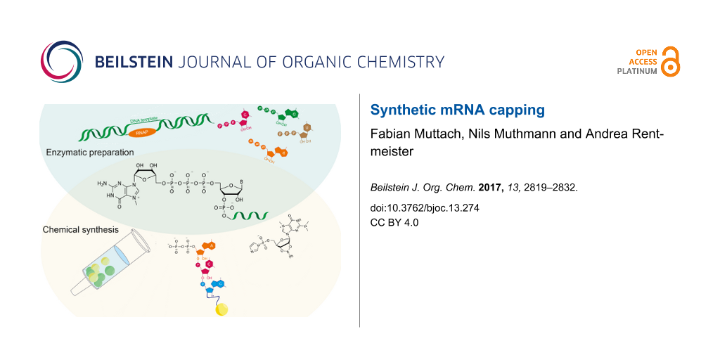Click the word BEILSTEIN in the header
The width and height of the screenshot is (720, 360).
click(x=134, y=62)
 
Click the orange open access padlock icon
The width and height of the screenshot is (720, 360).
click(x=671, y=62)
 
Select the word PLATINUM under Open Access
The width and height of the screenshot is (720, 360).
click(x=638, y=71)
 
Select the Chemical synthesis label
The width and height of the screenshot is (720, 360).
click(x=80, y=229)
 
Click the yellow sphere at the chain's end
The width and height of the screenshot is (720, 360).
click(x=222, y=309)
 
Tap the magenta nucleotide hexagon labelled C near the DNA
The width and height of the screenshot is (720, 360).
click(x=245, y=115)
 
